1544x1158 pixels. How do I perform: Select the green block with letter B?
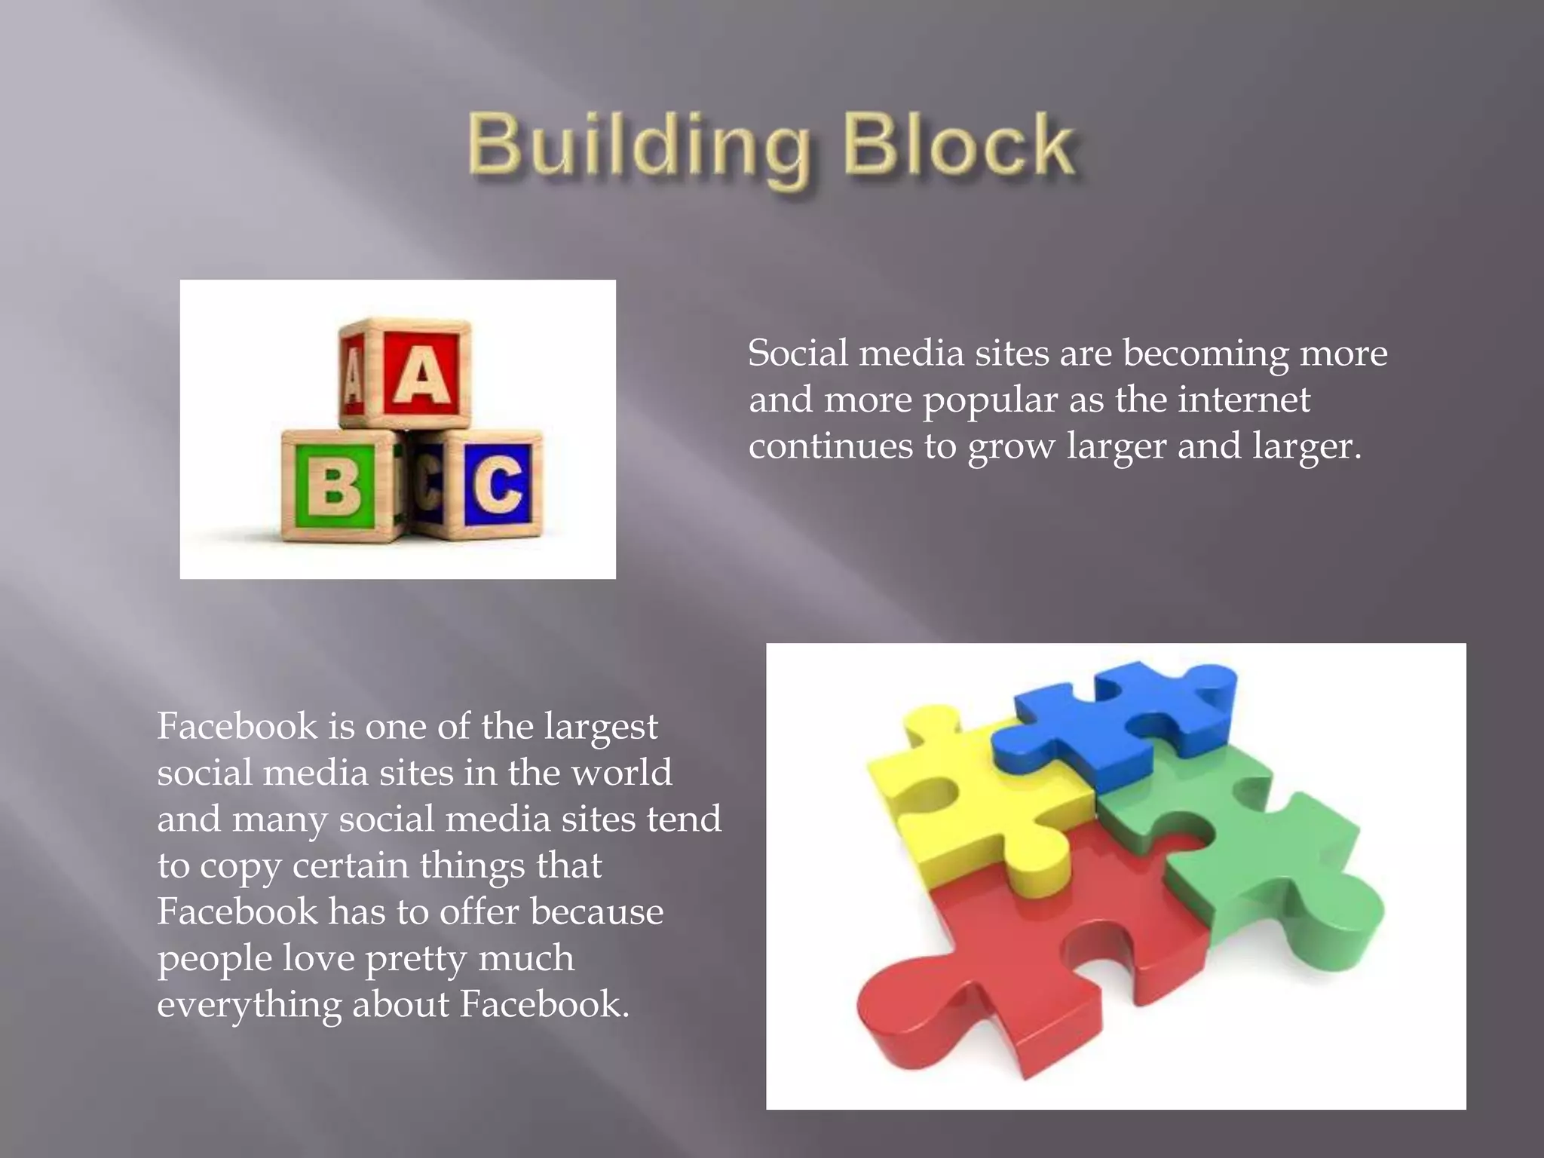(x=336, y=484)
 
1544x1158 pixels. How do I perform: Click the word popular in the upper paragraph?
(x=990, y=400)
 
